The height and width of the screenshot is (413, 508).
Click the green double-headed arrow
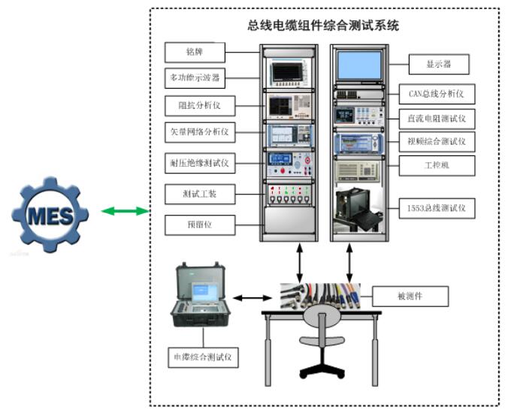(x=125, y=213)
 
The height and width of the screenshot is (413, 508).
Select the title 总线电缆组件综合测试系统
(x=323, y=26)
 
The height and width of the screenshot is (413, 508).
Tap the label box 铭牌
(x=195, y=52)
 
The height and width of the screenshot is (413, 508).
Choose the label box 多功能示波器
(x=195, y=77)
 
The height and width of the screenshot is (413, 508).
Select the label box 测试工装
(x=195, y=194)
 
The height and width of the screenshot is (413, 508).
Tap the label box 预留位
(x=195, y=224)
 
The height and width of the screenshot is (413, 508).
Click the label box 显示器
(x=439, y=65)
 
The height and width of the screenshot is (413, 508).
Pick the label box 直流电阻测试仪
(x=437, y=118)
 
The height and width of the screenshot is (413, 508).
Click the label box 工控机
(x=437, y=163)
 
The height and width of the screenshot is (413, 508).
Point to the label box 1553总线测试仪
(x=437, y=208)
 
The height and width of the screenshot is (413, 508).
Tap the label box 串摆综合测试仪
(x=202, y=357)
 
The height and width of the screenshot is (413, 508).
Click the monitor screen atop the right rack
(x=359, y=65)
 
